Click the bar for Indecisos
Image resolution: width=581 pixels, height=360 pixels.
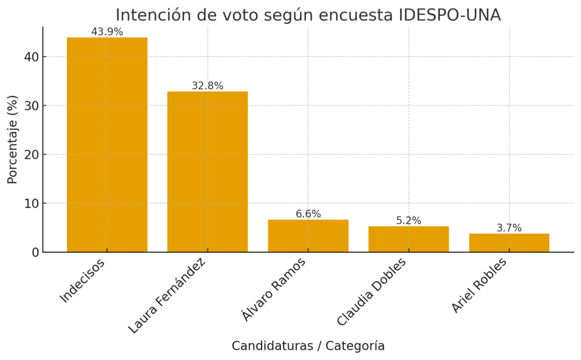tap(107, 145)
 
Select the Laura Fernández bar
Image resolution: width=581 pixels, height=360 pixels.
tap(207, 172)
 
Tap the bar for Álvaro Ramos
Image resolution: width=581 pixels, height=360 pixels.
tap(308, 236)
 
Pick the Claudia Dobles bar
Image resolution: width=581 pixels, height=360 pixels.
tap(409, 239)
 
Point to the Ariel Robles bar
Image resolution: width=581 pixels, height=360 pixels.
tap(509, 243)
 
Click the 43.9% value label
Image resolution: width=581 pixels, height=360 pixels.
tap(107, 32)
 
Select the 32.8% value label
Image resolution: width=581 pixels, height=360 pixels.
tap(207, 86)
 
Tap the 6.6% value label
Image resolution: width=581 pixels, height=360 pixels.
tap(308, 214)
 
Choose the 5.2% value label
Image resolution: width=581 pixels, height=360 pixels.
tap(409, 221)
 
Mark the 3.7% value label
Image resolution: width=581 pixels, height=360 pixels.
tap(509, 228)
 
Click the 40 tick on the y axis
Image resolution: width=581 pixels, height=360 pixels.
tap(31, 57)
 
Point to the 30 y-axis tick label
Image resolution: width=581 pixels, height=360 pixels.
tap(31, 105)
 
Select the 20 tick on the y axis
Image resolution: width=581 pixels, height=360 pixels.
tap(31, 154)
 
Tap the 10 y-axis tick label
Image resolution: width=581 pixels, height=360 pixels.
tap(31, 203)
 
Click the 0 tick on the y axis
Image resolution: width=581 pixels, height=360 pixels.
tap(35, 252)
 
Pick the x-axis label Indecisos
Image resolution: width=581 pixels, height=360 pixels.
tap(83, 281)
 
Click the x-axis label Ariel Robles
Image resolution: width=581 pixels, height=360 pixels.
tap(479, 285)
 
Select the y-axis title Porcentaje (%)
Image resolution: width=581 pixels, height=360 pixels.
tap(12, 139)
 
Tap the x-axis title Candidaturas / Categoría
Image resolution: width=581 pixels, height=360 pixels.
tap(308, 346)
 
